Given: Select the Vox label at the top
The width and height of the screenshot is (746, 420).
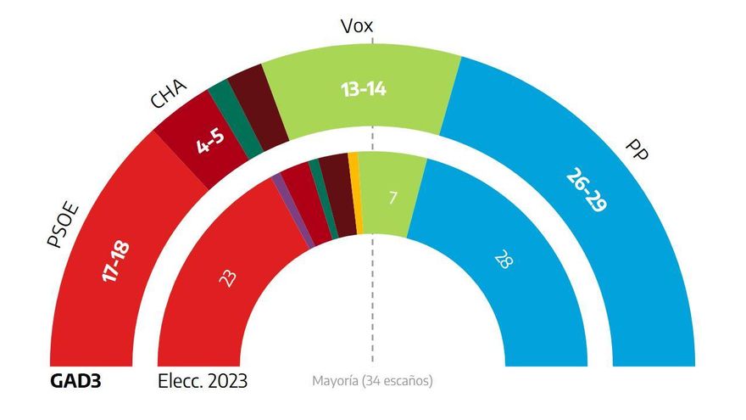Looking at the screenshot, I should point(357,26).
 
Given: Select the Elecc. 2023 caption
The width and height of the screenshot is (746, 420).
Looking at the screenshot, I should point(203,380).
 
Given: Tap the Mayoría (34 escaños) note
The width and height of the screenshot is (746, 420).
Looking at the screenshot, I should point(372,381).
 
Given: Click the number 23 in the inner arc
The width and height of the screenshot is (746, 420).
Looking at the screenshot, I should point(227,278).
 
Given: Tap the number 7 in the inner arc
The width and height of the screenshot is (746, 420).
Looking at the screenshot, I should point(393,198).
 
